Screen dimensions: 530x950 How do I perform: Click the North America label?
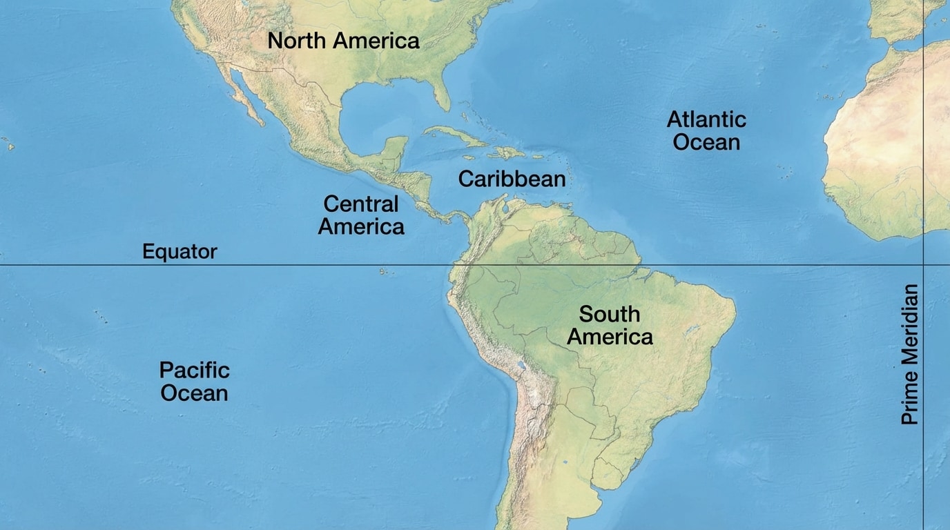tap(343, 41)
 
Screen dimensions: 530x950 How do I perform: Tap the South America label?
tap(609, 325)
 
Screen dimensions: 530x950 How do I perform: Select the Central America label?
tap(361, 215)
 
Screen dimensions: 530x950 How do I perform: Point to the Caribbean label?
tap(512, 179)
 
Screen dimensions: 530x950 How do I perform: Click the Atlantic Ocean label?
tap(706, 130)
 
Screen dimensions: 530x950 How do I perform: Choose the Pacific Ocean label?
tap(194, 381)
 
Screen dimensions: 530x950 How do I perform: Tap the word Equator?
tap(180, 252)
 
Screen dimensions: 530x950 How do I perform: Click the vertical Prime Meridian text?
tap(911, 354)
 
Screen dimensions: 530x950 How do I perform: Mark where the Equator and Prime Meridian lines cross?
tap(924, 264)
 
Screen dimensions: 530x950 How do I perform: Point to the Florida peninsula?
tap(440, 90)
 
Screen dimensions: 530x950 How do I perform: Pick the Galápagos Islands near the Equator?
tap(385, 271)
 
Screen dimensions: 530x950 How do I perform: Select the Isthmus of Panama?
tap(452, 217)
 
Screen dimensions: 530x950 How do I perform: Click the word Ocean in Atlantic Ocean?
tap(706, 143)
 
